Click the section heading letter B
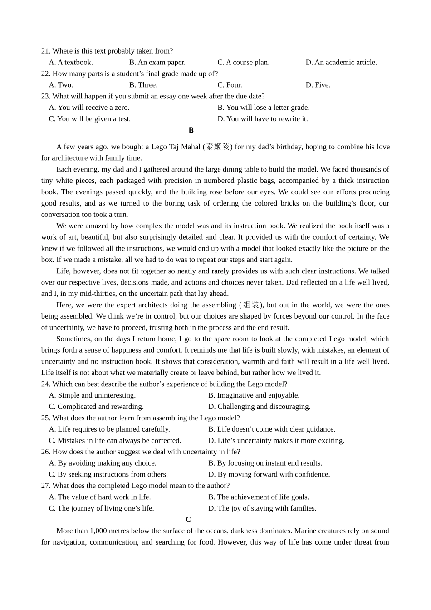pos(191,130)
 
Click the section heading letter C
pos(188,520)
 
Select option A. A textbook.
pos(71,62)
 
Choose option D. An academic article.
pos(341,62)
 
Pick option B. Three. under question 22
pos(143,85)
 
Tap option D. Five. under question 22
pos(318,85)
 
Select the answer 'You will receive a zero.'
pos(89,108)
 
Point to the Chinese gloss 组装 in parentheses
pos(251,305)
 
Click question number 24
pos(45,384)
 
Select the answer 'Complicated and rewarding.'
pos(96,407)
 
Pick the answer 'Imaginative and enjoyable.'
pos(254,395)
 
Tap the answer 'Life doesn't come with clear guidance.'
pos(272,429)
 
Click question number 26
pos(45,452)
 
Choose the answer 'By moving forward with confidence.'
pos(269,474)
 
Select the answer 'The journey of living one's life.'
pos(101,508)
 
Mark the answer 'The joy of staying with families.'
pos(262,508)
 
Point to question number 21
pos(45,51)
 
